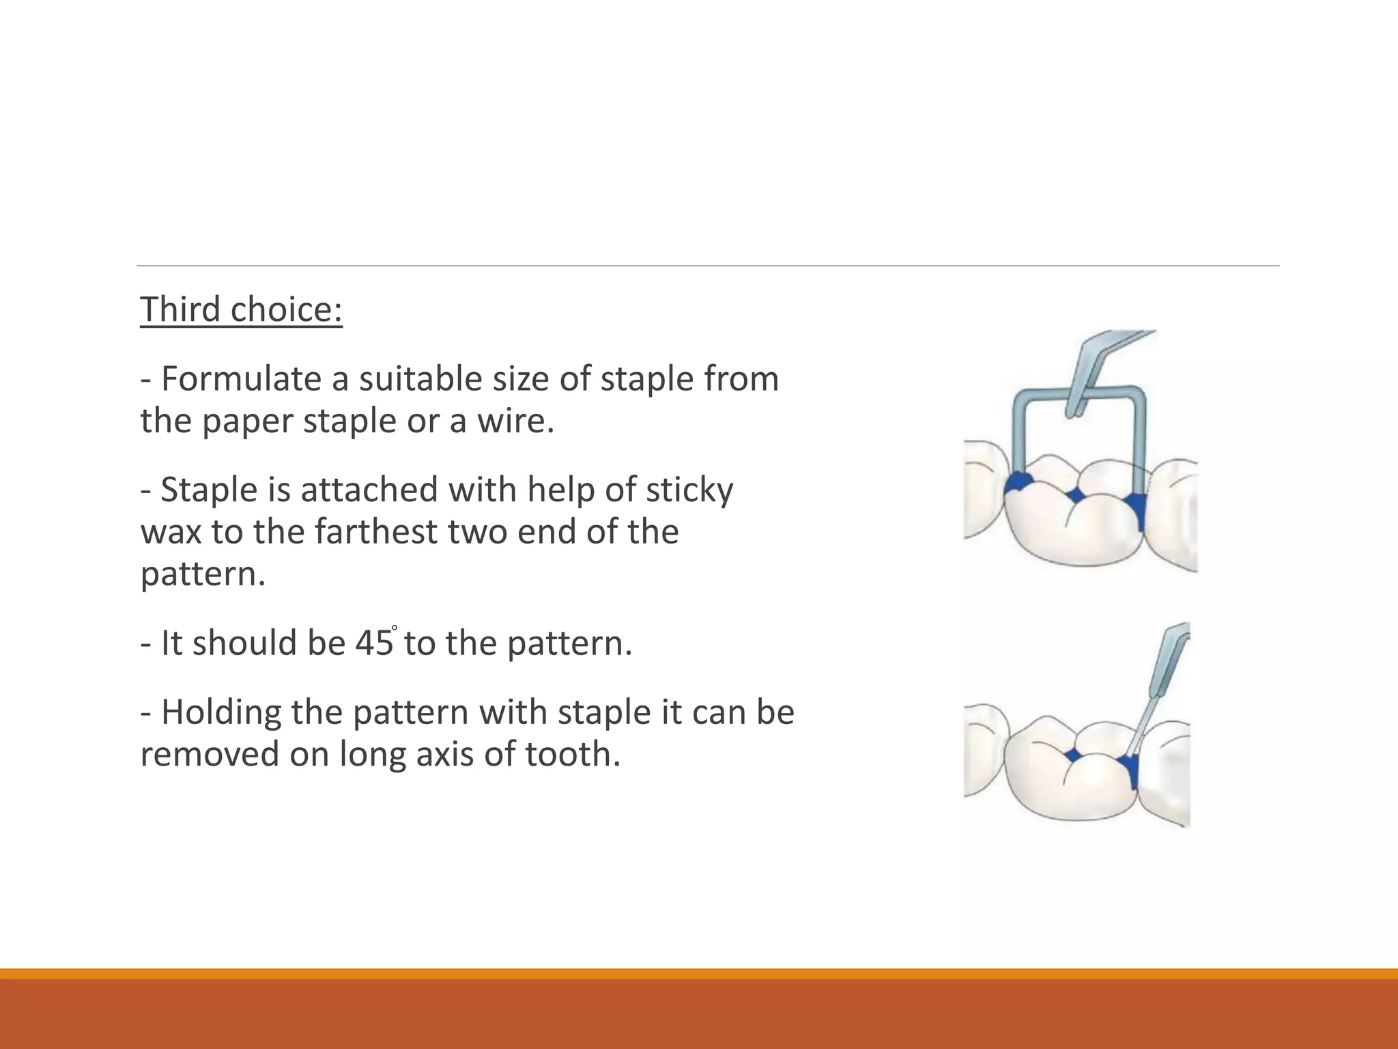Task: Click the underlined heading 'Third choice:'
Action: pyautogui.click(x=241, y=309)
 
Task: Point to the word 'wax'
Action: pyautogui.click(x=171, y=532)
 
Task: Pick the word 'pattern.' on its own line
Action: pyautogui.click(x=203, y=574)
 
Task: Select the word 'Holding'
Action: pyautogui.click(x=220, y=713)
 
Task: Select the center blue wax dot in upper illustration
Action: pyautogui.click(x=1076, y=494)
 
